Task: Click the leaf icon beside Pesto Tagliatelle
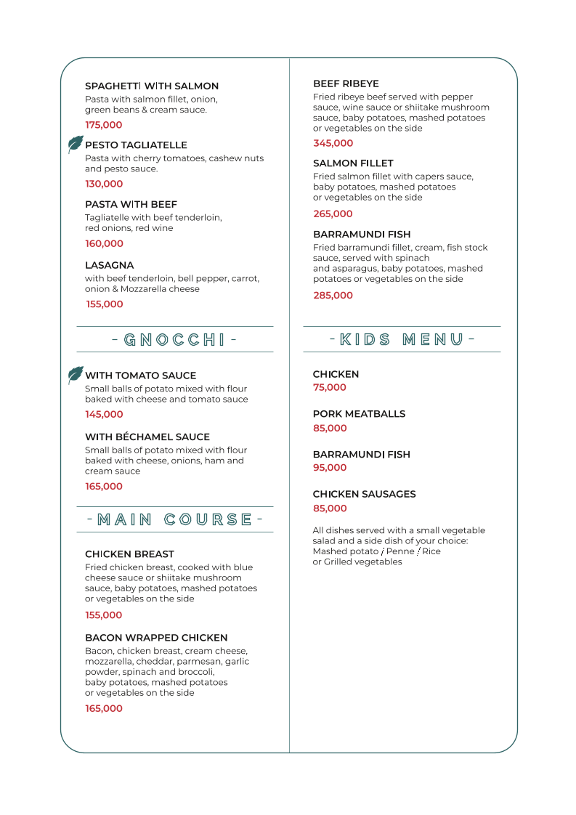pyautogui.click(x=76, y=145)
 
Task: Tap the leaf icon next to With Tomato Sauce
pyautogui.click(x=76, y=375)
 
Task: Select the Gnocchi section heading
pyautogui.click(x=174, y=339)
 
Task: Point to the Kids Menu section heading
pyautogui.click(x=402, y=339)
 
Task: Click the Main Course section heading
pyautogui.click(x=174, y=519)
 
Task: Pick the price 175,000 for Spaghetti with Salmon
pyautogui.click(x=104, y=125)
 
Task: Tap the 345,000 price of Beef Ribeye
pyautogui.click(x=333, y=143)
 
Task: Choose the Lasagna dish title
pyautogui.click(x=110, y=265)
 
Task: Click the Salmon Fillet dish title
pyautogui.click(x=353, y=163)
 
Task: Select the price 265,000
pyautogui.click(x=333, y=214)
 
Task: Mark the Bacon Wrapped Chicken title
pyautogui.click(x=156, y=638)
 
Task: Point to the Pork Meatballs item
pyautogui.click(x=359, y=414)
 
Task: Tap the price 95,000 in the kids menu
pyautogui.click(x=330, y=468)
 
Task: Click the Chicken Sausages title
pyautogui.click(x=364, y=494)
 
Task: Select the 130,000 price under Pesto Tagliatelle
pyautogui.click(x=104, y=184)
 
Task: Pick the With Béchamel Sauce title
pyautogui.click(x=147, y=437)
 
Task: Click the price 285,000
pyautogui.click(x=333, y=296)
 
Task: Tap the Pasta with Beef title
pyautogui.click(x=131, y=205)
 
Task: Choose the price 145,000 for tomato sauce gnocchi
pyautogui.click(x=104, y=414)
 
